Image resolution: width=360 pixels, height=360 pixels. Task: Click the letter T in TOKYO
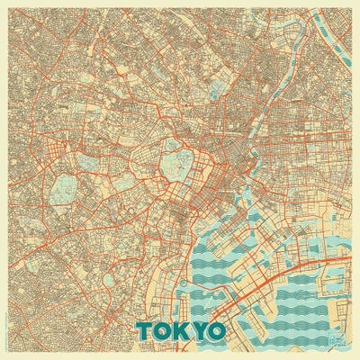pyautogui.click(x=147, y=329)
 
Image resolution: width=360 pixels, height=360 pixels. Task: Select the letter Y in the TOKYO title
pyautogui.click(x=199, y=329)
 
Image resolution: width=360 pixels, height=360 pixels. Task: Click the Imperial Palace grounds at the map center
pyautogui.click(x=175, y=166)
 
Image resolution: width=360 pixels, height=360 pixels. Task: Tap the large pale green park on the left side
pyautogui.click(x=64, y=189)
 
